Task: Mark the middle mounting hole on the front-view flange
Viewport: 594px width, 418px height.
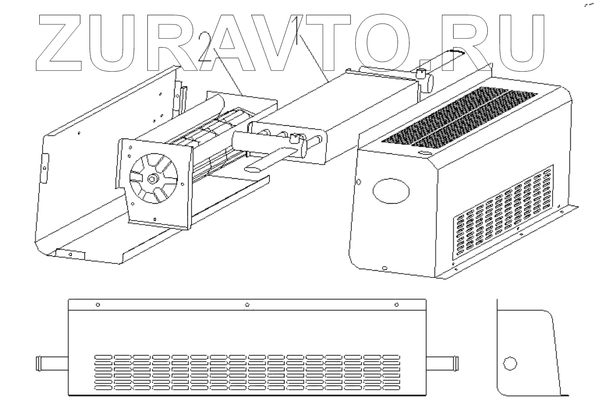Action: [x=247, y=305]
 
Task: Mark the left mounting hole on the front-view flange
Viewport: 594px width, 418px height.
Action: [x=97, y=305]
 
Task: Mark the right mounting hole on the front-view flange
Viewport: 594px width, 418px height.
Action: [x=397, y=305]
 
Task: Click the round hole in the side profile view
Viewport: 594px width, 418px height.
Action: [x=509, y=363]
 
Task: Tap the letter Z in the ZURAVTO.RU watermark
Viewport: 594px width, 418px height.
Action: [x=67, y=43]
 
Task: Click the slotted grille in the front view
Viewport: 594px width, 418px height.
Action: [x=247, y=372]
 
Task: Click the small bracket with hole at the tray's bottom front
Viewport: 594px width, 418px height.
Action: [x=70, y=254]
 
